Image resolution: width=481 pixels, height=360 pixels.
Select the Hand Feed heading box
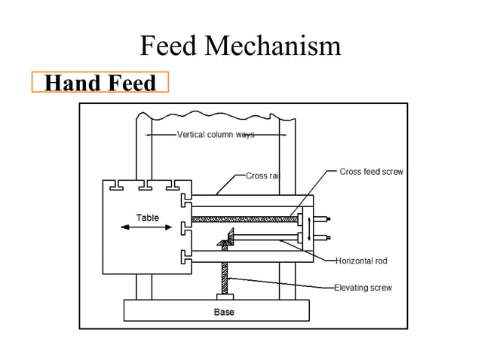[x=100, y=82]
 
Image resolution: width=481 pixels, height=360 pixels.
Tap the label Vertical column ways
[x=215, y=135]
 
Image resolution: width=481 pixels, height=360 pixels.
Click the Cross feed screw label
[x=371, y=172]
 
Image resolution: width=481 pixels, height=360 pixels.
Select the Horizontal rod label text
[x=361, y=261]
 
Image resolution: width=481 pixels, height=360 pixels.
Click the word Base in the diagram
[x=224, y=312]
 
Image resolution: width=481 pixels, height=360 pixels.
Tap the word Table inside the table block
[x=147, y=218]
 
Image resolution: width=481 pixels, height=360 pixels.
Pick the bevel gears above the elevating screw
[x=228, y=241]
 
